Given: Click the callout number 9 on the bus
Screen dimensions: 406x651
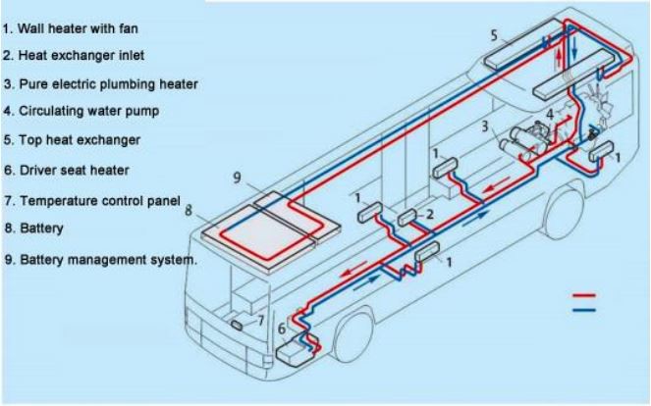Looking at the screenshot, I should [238, 177].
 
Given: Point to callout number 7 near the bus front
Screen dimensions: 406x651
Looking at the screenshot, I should [260, 319].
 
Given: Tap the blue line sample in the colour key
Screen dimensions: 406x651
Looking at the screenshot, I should [584, 309].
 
